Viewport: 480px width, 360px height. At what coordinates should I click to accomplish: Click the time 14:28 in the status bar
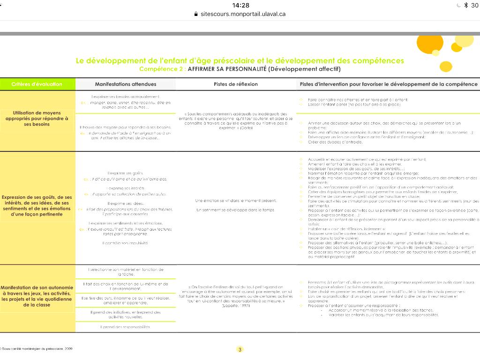240,5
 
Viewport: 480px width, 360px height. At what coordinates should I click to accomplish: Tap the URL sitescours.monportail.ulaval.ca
243,14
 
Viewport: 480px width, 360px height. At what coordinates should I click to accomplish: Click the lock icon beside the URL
196,14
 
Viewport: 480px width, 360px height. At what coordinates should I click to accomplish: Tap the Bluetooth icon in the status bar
465,5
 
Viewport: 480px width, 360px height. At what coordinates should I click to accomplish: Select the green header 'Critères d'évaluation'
37,84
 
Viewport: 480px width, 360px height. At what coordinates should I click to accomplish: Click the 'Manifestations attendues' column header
126,84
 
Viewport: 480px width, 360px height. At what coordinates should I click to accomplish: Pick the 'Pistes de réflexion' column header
236,84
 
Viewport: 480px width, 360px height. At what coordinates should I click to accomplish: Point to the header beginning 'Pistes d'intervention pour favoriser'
389,84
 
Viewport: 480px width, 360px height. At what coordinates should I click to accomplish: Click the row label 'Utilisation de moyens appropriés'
37,119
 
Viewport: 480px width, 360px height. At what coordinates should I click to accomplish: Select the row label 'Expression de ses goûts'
37,206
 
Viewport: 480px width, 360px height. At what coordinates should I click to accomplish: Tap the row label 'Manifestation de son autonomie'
37,296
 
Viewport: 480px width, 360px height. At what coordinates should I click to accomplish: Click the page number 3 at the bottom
240,349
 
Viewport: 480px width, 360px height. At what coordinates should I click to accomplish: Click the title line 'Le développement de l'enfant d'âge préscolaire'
240,61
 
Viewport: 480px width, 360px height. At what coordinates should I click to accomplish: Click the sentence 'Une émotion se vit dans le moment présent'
236,201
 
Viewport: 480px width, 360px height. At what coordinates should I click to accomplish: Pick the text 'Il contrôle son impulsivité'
125,243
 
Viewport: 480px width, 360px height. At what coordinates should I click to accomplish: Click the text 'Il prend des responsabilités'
125,327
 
